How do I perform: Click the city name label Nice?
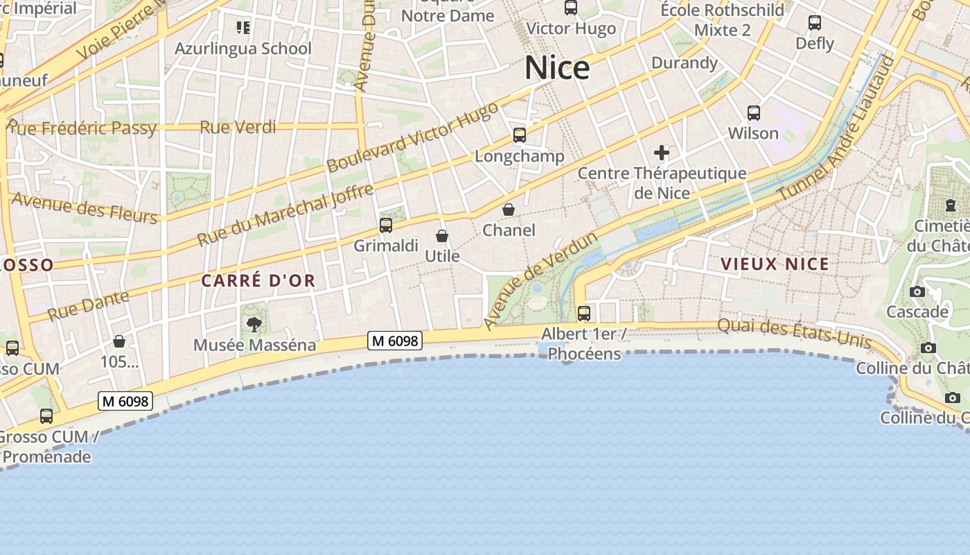(557, 68)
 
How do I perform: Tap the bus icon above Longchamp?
(520, 135)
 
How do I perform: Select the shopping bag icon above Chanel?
(509, 210)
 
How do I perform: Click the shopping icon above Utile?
(442, 236)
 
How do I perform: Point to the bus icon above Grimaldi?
(386, 225)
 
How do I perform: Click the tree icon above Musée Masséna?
(254, 324)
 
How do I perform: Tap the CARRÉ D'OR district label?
(258, 281)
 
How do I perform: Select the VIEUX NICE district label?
(775, 264)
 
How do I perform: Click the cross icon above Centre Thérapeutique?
(662, 153)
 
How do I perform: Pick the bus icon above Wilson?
(754, 112)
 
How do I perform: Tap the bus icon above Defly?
(815, 23)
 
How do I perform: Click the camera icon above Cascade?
(917, 291)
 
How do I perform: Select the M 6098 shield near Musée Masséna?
(394, 341)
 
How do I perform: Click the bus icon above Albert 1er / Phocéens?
(584, 314)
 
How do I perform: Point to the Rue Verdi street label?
(238, 127)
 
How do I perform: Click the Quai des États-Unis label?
(794, 333)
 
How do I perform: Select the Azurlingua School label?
(243, 49)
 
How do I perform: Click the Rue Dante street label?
(88, 306)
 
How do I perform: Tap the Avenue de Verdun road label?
(540, 281)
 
